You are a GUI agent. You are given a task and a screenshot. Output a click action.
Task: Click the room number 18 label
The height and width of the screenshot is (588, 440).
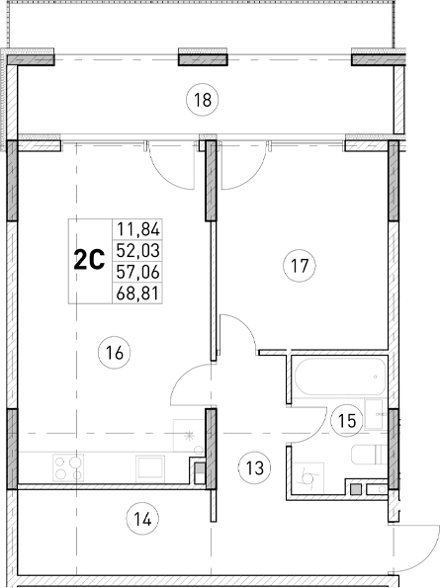(204, 99)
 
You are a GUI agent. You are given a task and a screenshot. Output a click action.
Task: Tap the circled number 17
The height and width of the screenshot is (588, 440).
(299, 265)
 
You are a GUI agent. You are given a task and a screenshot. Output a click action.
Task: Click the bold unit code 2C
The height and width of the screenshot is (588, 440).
(89, 260)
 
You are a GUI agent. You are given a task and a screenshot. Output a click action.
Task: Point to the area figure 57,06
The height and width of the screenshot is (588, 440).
(137, 272)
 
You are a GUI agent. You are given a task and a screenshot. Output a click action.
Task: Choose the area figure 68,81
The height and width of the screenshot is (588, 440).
(137, 293)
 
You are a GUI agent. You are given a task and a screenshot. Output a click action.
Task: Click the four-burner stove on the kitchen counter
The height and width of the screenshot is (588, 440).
(66, 466)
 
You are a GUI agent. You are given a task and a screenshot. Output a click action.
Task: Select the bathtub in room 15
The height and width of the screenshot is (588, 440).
(337, 380)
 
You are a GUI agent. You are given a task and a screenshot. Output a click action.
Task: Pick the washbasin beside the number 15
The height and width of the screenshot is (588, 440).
(373, 414)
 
